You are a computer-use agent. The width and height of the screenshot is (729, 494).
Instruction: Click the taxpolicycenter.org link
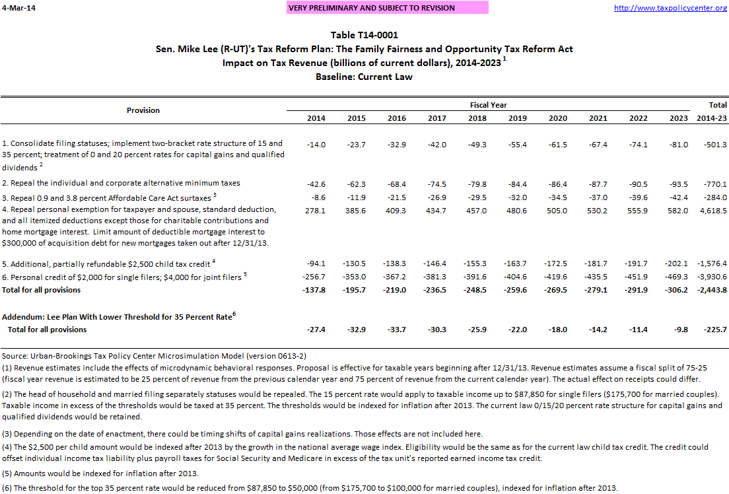(x=670, y=8)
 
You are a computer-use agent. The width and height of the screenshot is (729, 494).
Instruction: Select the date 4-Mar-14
(x=18, y=8)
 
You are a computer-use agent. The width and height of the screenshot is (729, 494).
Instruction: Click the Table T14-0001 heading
(x=364, y=36)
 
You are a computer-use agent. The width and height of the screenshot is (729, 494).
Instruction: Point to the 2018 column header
(x=477, y=118)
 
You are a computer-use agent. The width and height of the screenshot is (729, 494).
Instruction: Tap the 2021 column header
(x=598, y=118)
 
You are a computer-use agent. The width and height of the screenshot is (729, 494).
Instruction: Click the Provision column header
(x=143, y=110)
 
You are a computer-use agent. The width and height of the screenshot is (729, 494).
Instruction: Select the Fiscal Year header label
(x=489, y=105)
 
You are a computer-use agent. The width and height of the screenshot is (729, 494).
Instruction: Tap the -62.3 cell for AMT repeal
(x=357, y=183)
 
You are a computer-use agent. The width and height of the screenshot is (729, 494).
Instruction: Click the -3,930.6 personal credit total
(x=711, y=277)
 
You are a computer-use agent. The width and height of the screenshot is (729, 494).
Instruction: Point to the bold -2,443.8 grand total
(x=711, y=290)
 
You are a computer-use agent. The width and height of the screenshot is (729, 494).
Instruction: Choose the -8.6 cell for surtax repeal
(x=317, y=197)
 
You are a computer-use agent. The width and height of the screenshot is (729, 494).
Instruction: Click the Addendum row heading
(x=119, y=316)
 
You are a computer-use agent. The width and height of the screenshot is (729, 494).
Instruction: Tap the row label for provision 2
(x=121, y=183)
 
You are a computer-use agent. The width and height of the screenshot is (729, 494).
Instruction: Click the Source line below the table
(x=154, y=355)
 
